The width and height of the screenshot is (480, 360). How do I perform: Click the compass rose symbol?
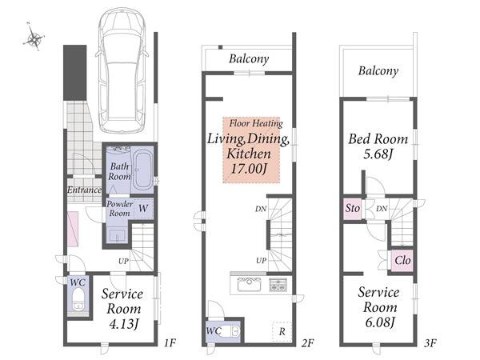pos(34,38)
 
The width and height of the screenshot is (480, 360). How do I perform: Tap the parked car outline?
pos(122,70)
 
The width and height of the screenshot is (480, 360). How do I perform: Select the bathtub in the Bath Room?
pos(143,170)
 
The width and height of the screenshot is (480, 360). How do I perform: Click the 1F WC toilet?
pos(78,299)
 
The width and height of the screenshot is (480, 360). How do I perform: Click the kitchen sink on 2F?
pos(250,284)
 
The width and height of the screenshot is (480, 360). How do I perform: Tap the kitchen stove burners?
pos(278,284)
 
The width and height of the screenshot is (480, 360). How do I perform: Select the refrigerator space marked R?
pos(282,331)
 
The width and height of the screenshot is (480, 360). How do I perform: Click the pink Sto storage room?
pos(353,209)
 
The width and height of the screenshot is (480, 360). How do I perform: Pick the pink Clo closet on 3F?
pos(402,261)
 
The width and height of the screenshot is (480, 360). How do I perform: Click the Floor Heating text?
pos(256,124)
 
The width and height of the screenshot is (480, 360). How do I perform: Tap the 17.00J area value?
pos(249,169)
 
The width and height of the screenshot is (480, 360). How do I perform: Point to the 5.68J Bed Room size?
pos(378,154)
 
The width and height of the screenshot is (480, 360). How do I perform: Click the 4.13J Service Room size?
pos(124,324)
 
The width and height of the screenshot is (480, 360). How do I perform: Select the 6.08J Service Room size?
pos(379,322)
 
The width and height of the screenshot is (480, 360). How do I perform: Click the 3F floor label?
pos(430,343)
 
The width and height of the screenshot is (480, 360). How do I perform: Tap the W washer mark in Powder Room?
pos(143,209)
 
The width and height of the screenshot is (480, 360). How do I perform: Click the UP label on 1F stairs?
pos(123,261)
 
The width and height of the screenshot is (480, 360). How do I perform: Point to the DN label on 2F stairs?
pos(261,209)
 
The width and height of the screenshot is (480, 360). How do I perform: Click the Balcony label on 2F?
pos(249,58)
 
